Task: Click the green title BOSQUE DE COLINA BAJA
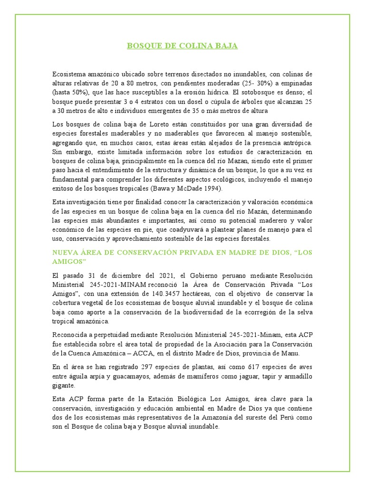182,46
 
